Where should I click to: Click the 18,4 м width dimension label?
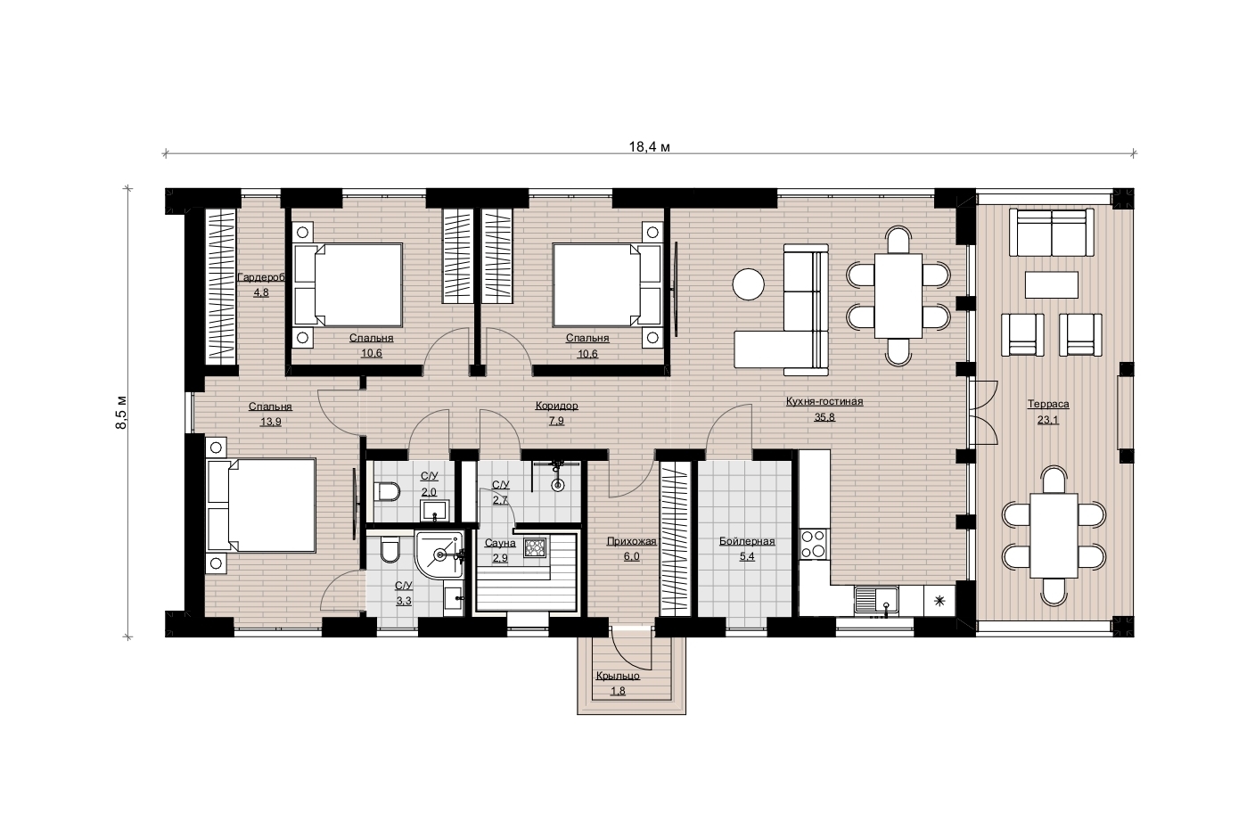pos(649,147)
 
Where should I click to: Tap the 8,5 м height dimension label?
pos(121,413)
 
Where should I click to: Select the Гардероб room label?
pos(261,277)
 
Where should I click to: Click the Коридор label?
pos(556,406)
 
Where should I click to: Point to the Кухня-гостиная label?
pos(824,401)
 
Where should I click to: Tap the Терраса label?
pos(1048,404)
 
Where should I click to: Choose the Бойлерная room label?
pos(747,541)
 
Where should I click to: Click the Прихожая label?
pos(631,541)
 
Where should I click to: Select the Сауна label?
pos(500,543)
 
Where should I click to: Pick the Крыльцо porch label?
pos(618,677)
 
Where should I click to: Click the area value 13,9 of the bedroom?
pos(271,422)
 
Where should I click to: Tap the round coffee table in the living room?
pos(749,284)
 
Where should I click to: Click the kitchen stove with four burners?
pos(814,544)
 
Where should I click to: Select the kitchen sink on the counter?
pos(876,601)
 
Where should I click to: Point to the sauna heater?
pos(535,546)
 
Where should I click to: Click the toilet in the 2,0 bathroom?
pos(387,491)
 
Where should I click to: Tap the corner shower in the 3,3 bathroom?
pos(439,554)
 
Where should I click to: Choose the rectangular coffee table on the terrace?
pos(1052,284)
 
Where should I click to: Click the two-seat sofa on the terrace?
pos(1052,233)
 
